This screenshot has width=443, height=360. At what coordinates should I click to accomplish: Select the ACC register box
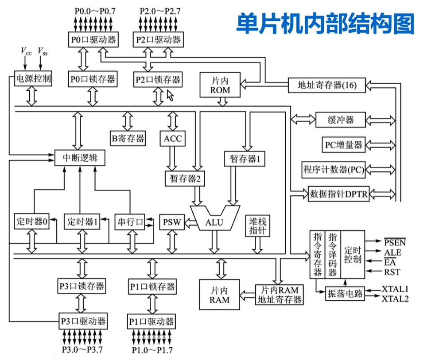pyautogui.click(x=173, y=139)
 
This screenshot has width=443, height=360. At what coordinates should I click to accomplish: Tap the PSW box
pyautogui.click(x=171, y=221)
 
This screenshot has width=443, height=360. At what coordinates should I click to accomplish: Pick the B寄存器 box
pyautogui.click(x=128, y=139)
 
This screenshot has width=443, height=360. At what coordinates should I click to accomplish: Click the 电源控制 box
pyautogui.click(x=34, y=79)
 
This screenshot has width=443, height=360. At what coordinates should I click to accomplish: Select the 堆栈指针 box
pyautogui.click(x=257, y=225)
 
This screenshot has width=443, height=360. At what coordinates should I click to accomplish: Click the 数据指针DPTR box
pyautogui.click(x=339, y=194)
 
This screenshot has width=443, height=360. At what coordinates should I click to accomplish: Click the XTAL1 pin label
pyautogui.click(x=395, y=289)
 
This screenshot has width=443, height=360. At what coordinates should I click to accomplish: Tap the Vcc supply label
pyautogui.click(x=26, y=51)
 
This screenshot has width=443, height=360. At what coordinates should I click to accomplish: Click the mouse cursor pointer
pyautogui.click(x=170, y=94)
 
